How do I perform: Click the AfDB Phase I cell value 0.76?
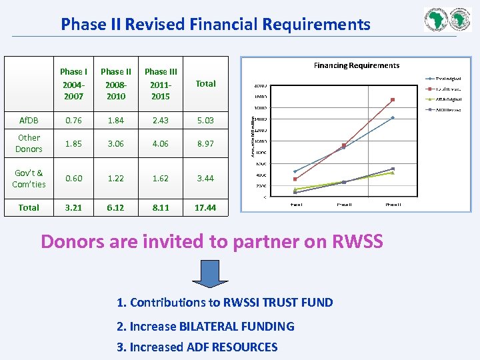coord(73,120)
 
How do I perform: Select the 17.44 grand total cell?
coord(205,207)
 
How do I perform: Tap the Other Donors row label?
coord(29,143)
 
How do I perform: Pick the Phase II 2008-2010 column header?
coord(116,83)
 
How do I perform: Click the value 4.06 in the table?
coord(161,143)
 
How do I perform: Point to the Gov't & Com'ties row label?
coord(29,178)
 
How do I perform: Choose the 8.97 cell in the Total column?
coord(205,143)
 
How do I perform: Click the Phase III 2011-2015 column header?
coord(161,83)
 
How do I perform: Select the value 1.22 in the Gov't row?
coord(116,178)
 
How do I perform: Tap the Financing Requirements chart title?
coord(357,65)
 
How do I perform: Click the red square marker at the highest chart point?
coord(393,100)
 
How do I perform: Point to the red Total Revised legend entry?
coord(445,89)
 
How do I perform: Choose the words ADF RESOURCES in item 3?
coord(232,347)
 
